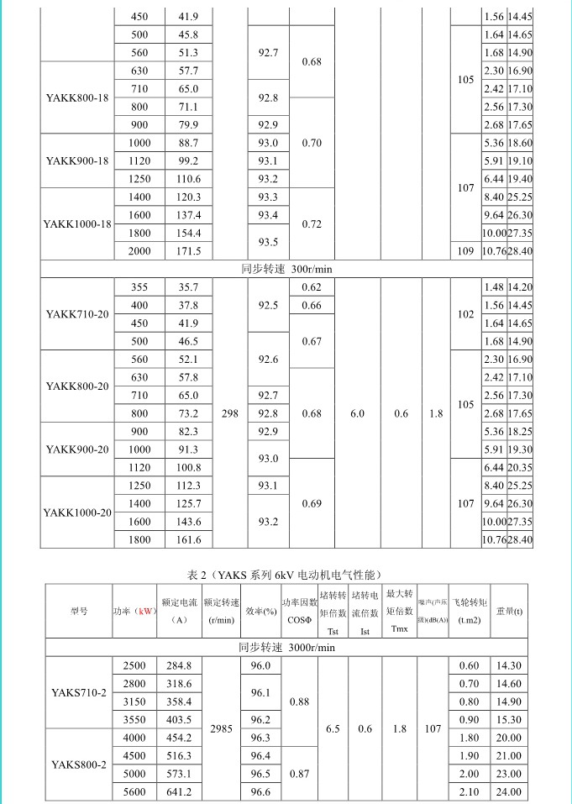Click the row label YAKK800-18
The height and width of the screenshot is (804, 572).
[77, 97]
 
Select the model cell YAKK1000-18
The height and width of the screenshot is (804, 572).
[77, 224]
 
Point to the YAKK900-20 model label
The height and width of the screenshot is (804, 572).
[77, 449]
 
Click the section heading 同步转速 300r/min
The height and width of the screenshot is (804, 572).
[286, 269]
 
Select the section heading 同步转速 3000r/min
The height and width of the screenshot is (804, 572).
[286, 647]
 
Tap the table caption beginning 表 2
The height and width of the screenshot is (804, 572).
[285, 575]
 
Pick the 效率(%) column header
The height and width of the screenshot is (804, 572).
[261, 612]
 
